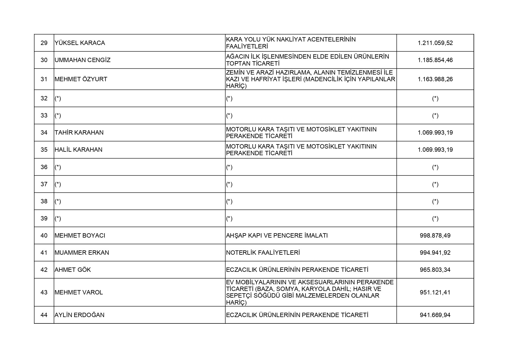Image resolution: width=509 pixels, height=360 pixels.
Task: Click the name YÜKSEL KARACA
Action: click(x=80, y=43)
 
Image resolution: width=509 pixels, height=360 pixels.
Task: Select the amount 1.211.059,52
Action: click(x=435, y=43)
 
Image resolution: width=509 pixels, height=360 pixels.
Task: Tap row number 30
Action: click(x=44, y=60)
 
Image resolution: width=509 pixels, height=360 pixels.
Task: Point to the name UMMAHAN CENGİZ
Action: click(x=82, y=60)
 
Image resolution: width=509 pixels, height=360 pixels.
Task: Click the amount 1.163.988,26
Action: click(x=435, y=79)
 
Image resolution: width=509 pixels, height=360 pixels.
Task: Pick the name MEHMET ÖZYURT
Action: click(x=81, y=79)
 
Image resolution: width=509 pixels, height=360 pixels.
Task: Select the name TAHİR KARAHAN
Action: click(x=79, y=133)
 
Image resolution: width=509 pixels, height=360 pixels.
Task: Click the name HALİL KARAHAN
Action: click(x=78, y=150)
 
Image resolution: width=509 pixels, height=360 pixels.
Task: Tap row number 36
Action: click(x=44, y=167)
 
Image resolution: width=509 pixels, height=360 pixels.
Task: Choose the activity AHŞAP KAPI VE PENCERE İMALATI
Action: click(x=277, y=236)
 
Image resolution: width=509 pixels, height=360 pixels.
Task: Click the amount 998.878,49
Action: click(x=435, y=236)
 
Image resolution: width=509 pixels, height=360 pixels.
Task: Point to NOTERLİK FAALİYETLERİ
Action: click(x=263, y=253)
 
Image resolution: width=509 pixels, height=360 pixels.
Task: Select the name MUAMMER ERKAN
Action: click(x=82, y=253)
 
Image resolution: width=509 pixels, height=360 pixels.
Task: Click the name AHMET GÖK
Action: click(x=73, y=270)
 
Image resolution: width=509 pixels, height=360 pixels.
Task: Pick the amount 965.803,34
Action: click(x=435, y=270)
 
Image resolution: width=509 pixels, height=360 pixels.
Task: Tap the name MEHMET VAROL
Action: click(x=79, y=292)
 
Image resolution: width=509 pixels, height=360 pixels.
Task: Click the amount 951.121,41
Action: click(x=435, y=292)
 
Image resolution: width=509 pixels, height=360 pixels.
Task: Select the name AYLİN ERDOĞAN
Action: click(x=80, y=315)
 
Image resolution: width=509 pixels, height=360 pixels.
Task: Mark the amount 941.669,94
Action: click(x=435, y=315)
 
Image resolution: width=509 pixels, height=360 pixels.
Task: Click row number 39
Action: click(x=44, y=218)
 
